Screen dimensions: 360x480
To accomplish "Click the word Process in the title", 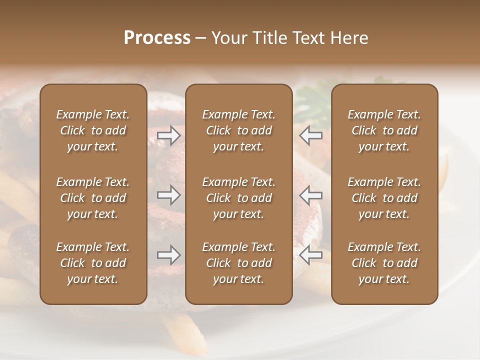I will coord(157,38).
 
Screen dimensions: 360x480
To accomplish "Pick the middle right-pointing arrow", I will coord(169,195).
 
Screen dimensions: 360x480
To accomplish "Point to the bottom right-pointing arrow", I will coord(169,255).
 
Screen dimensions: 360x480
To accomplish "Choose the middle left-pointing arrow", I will coord(311,195).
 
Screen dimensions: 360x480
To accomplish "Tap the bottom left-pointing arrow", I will coord(311,255).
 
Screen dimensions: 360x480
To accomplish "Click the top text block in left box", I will coord(93,130).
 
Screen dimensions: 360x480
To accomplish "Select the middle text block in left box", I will coord(93,198).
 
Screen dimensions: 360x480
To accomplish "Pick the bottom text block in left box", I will coord(93,263).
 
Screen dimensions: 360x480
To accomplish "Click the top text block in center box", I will coord(239,130).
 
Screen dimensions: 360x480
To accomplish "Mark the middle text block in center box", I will coord(239,198).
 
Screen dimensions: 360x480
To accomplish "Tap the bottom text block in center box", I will coord(239,263).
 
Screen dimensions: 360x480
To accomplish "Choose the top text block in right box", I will coord(384,130).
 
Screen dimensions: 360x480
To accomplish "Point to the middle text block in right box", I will coord(384,198).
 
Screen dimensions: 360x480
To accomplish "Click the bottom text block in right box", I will coord(384,263).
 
